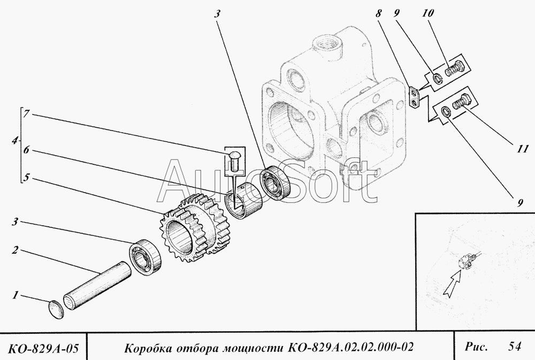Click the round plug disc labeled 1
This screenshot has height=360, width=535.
point(56,309)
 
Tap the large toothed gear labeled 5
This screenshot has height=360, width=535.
point(194,228)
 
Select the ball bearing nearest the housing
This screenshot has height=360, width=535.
point(276,182)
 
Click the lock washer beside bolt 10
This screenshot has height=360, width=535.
point(438,79)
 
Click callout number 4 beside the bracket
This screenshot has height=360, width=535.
point(14,140)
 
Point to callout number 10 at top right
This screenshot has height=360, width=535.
point(427,13)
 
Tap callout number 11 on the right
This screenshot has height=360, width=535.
point(522,149)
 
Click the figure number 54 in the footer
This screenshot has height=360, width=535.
point(515,346)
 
